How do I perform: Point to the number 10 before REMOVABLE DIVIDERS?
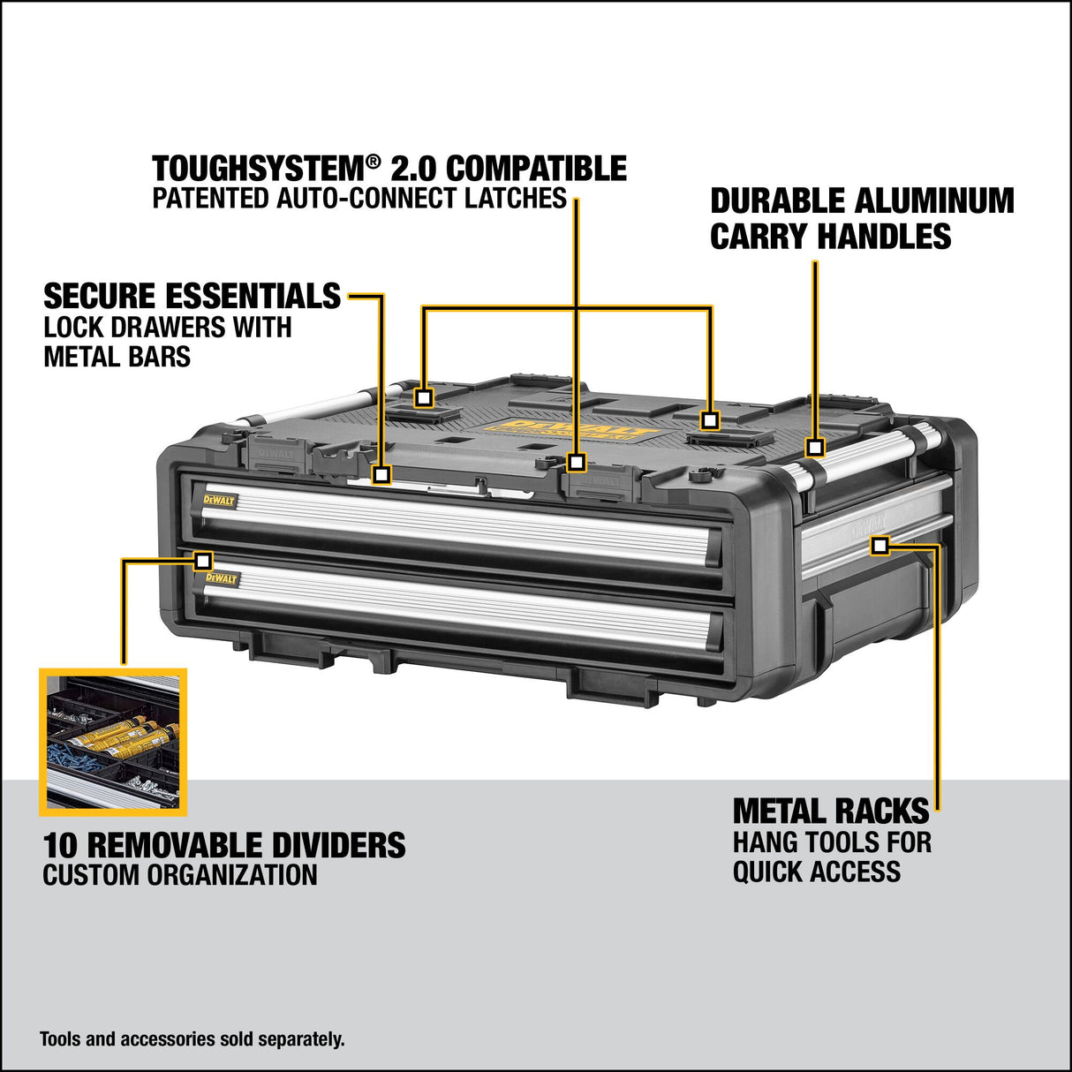[61, 846]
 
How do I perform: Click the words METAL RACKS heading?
[831, 812]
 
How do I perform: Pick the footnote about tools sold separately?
[193, 1039]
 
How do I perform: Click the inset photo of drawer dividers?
[113, 742]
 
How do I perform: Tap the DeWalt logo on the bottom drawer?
[222, 578]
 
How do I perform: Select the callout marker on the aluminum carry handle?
[815, 448]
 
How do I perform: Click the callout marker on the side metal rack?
[879, 546]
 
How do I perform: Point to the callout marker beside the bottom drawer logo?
[203, 561]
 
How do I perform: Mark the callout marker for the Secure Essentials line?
[381, 474]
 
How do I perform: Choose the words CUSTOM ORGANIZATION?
[180, 876]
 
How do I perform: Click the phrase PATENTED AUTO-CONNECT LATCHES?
[359, 198]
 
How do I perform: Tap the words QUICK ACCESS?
[817, 872]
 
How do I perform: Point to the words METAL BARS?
[117, 357]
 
